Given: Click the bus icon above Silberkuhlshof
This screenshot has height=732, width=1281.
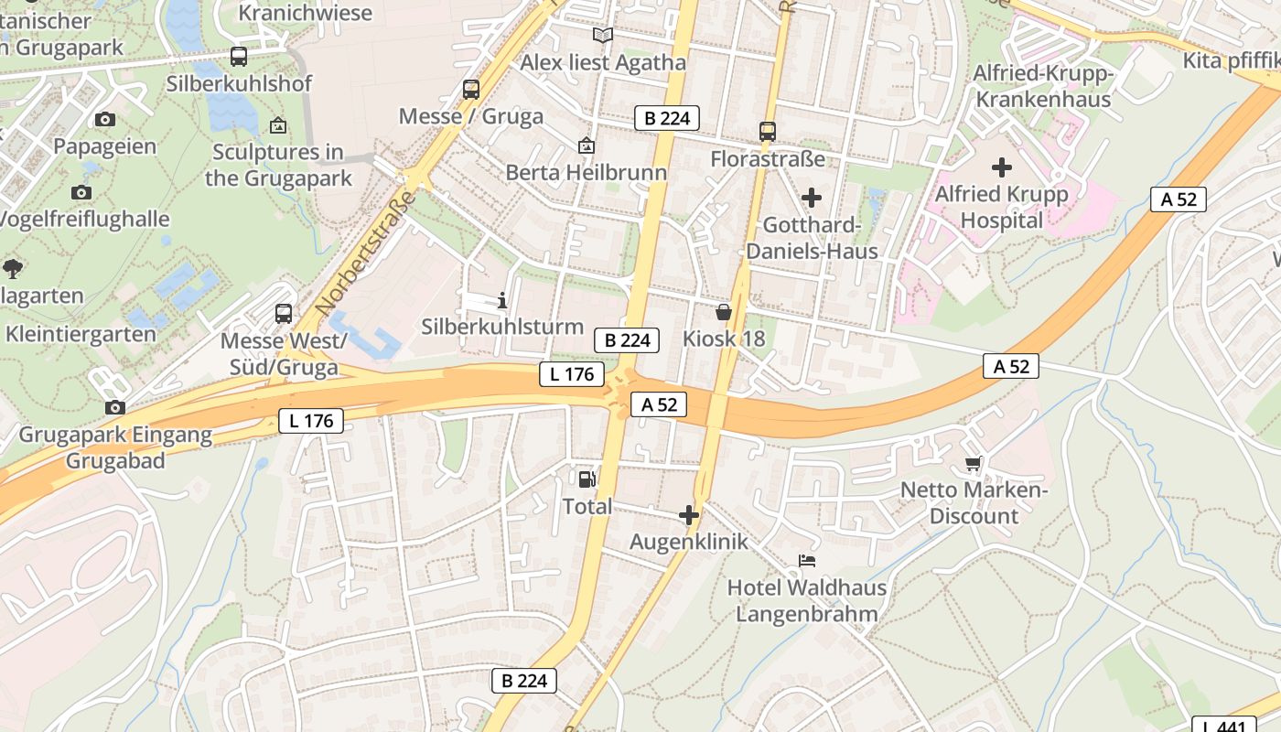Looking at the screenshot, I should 239,57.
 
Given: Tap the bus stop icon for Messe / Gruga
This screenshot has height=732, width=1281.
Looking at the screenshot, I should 471,90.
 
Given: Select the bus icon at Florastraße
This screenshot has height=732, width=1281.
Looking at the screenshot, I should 768,132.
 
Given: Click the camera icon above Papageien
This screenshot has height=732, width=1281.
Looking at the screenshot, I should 105,119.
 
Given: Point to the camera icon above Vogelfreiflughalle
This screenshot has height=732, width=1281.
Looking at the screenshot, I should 81,192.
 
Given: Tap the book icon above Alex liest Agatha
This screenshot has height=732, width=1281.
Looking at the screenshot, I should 602,36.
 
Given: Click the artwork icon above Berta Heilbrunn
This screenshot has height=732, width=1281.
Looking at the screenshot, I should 587,145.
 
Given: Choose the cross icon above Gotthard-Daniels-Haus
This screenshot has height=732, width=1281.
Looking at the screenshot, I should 811,198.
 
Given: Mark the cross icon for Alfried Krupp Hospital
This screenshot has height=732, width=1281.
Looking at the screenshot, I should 1002,167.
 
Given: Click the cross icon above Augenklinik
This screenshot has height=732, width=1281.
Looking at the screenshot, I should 689,516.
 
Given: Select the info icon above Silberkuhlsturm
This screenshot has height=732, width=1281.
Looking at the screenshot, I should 501,300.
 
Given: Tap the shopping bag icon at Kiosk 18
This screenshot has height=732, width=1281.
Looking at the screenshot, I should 724,312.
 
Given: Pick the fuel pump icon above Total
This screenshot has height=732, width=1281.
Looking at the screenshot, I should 587,479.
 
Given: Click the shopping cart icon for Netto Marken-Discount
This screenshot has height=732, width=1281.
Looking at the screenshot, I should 974,464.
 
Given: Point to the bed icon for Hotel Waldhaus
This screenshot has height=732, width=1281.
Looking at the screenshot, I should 807,560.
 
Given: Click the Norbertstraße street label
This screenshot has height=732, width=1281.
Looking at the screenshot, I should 365,254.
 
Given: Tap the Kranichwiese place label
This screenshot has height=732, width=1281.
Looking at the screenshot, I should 306,13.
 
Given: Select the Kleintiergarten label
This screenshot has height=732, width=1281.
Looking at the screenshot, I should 81,334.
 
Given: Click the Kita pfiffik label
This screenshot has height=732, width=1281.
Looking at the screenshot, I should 1231,60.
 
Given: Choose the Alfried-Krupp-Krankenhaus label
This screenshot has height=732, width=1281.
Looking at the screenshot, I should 1042,86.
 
